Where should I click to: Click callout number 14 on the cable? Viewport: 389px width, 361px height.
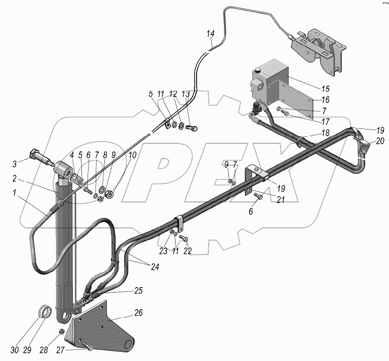click(211, 34)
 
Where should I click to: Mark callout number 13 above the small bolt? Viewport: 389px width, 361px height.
click(185, 94)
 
